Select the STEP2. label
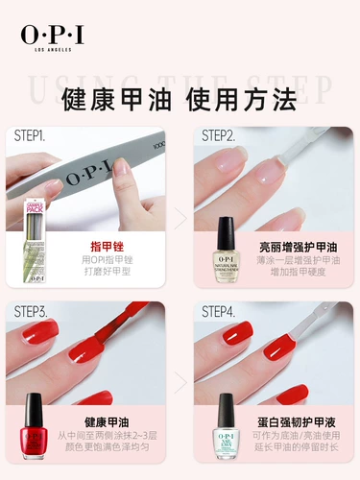tap(220, 136)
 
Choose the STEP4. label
tap(221, 311)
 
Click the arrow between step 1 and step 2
tap(180, 215)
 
